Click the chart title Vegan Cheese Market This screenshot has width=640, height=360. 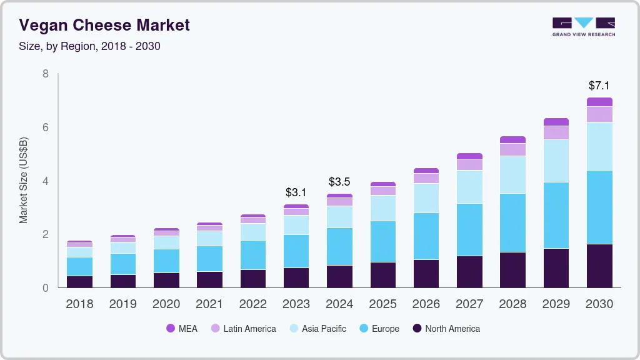[x=104, y=26]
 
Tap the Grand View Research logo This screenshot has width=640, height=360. [x=583, y=26]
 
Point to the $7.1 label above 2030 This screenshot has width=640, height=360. [x=599, y=86]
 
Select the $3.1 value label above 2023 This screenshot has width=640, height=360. [x=296, y=192]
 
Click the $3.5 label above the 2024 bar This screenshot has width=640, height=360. [x=339, y=182]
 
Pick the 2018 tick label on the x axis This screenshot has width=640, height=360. [x=79, y=304]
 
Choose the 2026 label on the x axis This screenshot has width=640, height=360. [x=426, y=304]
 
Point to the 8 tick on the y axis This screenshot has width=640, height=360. [x=45, y=74]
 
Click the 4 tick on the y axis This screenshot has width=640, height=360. [x=45, y=181]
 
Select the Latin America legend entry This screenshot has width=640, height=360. [x=243, y=328]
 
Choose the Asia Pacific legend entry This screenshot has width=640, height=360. [x=317, y=328]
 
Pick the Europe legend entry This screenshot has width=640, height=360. [x=379, y=328]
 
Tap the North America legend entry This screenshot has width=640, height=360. [x=446, y=328]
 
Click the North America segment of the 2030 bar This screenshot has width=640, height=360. [x=599, y=266]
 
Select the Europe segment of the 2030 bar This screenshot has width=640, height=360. [x=599, y=207]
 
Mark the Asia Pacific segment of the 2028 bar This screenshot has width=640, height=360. [x=512, y=174]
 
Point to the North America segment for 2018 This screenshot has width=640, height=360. [x=79, y=282]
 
